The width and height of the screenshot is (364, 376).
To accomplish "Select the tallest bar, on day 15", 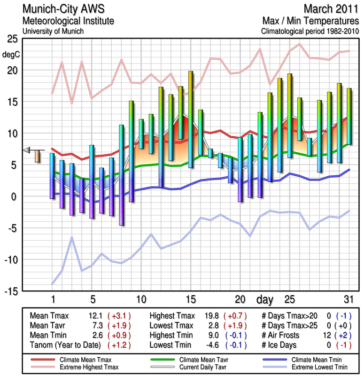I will click(x=191, y=119).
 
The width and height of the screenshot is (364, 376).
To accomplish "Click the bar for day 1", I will click(x=52, y=176).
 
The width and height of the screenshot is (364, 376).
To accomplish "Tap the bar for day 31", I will click(x=349, y=116).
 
